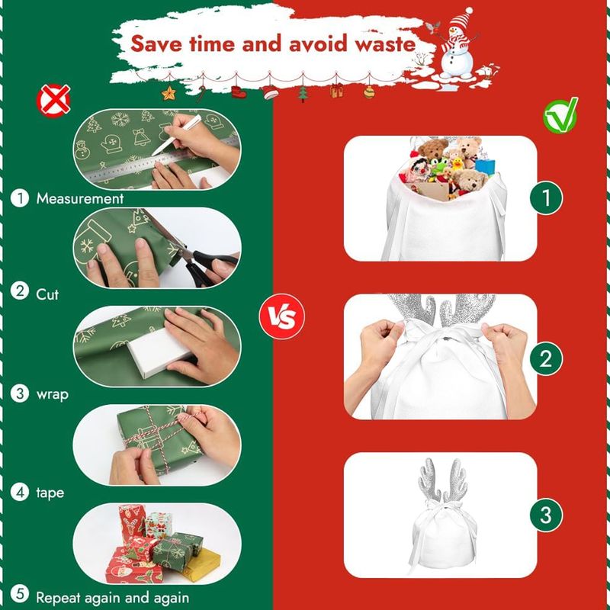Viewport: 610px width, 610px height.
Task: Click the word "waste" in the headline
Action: click(x=385, y=43)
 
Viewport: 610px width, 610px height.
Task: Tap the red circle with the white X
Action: click(x=53, y=101)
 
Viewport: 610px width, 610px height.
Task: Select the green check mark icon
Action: click(x=560, y=116)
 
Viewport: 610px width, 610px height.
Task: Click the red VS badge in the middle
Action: click(x=282, y=316)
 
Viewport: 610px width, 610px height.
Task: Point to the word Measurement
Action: click(x=80, y=198)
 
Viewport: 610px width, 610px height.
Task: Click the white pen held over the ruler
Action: click(x=176, y=135)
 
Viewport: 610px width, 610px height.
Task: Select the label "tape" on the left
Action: click(x=50, y=493)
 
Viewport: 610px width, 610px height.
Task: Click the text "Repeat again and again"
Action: click(x=112, y=597)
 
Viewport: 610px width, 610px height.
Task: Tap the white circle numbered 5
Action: click(x=20, y=594)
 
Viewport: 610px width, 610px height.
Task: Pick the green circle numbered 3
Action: click(x=546, y=515)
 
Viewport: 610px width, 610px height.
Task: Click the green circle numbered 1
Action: click(x=546, y=197)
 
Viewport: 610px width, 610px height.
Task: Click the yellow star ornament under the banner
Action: click(x=169, y=93)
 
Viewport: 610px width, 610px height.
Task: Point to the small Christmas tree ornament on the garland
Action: click(x=303, y=94)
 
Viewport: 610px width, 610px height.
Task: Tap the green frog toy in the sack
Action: click(x=440, y=167)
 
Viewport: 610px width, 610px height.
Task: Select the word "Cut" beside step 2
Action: click(x=47, y=294)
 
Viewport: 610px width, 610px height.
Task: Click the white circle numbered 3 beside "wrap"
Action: click(x=20, y=393)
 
